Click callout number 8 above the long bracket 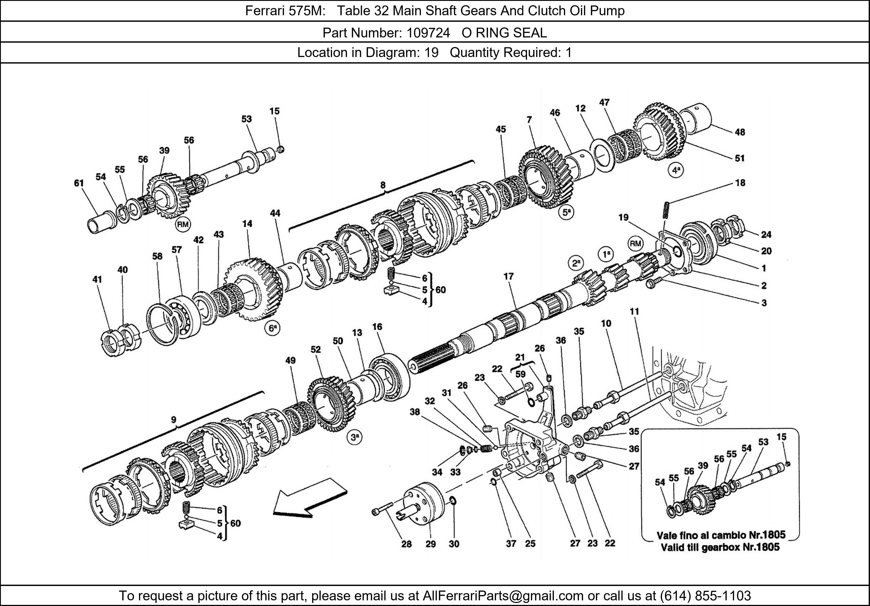383,185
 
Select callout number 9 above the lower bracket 174,419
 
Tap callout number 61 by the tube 79,183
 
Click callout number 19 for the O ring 623,217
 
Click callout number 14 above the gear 247,224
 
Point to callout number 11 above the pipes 634,311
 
